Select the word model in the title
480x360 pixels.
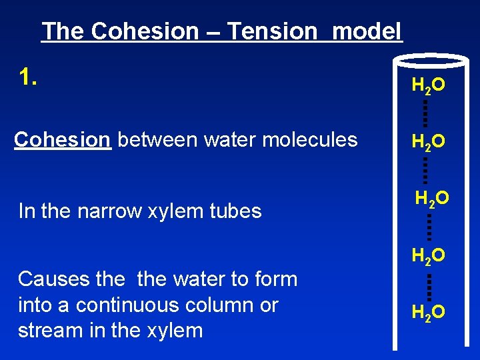pyautogui.click(x=367, y=31)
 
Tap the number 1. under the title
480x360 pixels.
pyautogui.click(x=29, y=78)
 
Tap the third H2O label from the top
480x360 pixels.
pyautogui.click(x=432, y=198)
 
